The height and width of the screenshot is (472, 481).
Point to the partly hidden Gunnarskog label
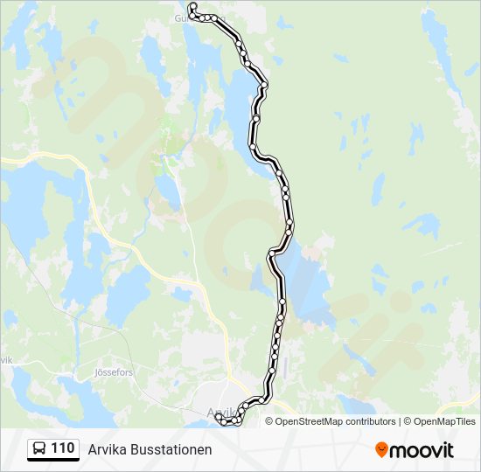coord(199,17)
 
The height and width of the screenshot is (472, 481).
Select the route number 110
coord(62,448)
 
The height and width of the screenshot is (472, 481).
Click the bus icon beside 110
coord(39,449)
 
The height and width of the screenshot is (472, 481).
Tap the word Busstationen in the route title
coord(171,449)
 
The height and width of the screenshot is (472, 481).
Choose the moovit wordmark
coord(422,450)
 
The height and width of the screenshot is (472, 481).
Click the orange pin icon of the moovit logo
coord(381,449)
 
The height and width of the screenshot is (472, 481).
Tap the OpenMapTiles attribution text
coord(445,421)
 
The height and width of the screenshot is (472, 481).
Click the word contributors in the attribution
coord(370,421)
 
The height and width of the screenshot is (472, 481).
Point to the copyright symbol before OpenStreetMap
coord(270,421)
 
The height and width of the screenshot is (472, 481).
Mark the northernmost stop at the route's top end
coord(192,7)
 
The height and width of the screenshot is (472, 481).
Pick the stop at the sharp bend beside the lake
coord(273,253)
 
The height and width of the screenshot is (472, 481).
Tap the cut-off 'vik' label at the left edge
coord(7,360)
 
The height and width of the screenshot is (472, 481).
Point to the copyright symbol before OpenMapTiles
coord(408,421)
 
